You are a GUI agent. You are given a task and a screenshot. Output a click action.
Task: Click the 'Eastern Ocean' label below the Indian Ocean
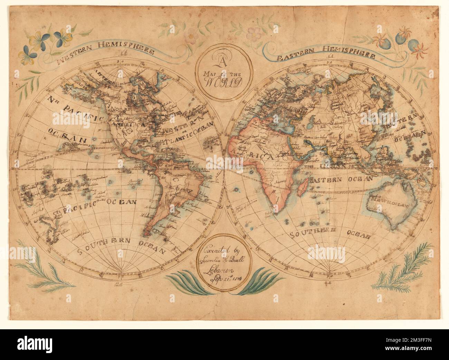[x=341, y=179]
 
